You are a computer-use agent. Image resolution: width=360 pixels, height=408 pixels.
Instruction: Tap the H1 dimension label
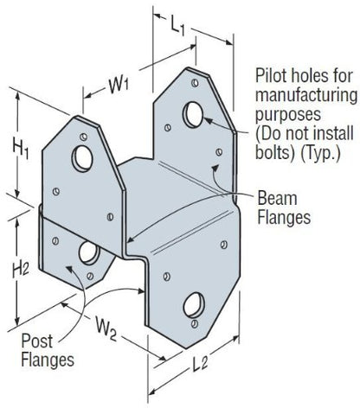tap(20, 150)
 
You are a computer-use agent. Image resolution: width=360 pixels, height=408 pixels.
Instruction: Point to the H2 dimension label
tap(20, 271)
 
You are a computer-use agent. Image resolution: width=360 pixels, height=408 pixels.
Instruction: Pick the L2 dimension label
tap(200, 364)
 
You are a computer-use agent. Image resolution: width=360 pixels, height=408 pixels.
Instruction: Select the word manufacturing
tap(306, 95)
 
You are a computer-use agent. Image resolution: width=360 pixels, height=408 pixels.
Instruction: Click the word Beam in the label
tap(277, 198)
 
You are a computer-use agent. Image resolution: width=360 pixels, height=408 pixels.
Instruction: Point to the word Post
tap(37, 341)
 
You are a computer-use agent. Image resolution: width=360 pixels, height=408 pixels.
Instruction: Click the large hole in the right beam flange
tap(193, 115)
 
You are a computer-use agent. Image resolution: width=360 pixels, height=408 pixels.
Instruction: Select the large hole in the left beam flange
tap(82, 159)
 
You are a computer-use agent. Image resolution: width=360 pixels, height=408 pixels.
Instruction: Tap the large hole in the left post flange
tap(89, 252)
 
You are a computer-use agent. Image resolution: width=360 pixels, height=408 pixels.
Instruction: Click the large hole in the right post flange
tap(194, 305)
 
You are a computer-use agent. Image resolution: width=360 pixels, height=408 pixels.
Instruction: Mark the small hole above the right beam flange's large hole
tap(195, 83)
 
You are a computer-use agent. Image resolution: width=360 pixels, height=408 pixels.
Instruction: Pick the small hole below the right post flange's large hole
tap(195, 323)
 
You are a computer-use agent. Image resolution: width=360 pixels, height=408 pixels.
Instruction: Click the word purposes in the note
tap(288, 115)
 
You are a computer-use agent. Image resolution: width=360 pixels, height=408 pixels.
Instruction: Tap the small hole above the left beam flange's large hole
tap(84, 137)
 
